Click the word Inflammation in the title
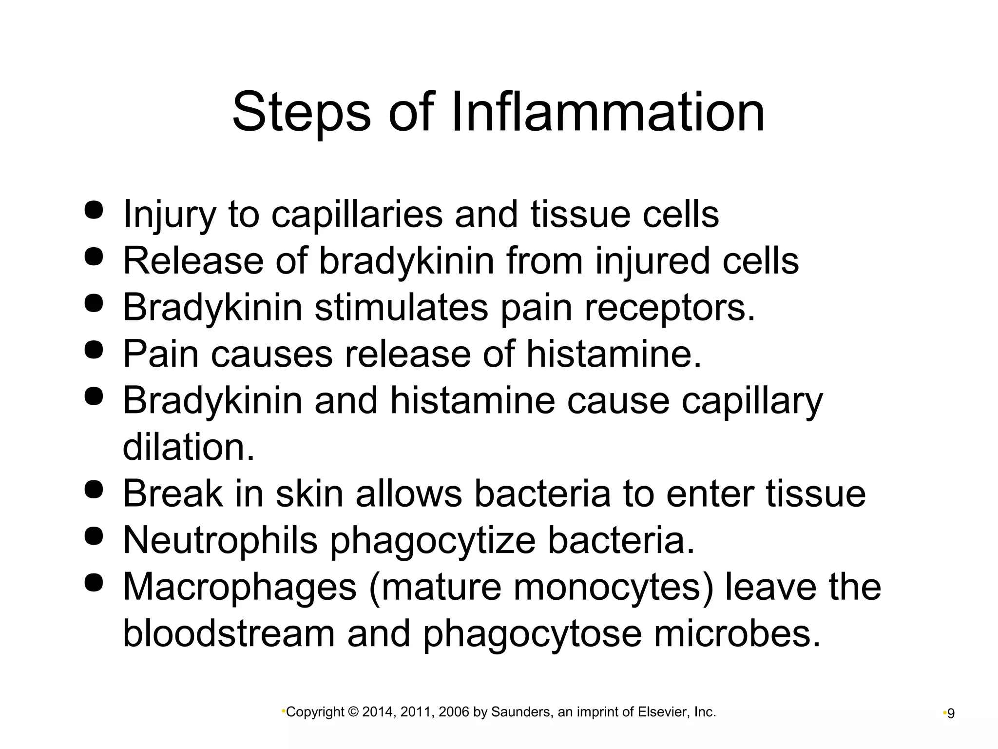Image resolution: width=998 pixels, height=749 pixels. [608, 113]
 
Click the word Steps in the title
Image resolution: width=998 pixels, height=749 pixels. [301, 113]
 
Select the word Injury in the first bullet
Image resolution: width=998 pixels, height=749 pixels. [169, 215]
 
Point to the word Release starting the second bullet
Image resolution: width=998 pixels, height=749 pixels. [193, 261]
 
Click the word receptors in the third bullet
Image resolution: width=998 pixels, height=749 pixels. [670, 308]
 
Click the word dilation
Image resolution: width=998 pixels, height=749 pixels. [189, 447]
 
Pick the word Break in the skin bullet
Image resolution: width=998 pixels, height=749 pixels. [173, 493]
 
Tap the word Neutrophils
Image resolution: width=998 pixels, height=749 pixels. [220, 540]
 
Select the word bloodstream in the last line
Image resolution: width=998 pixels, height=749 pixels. [229, 634]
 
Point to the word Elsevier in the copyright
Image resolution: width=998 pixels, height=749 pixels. [663, 712]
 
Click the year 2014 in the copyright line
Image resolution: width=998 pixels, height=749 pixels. [377, 712]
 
